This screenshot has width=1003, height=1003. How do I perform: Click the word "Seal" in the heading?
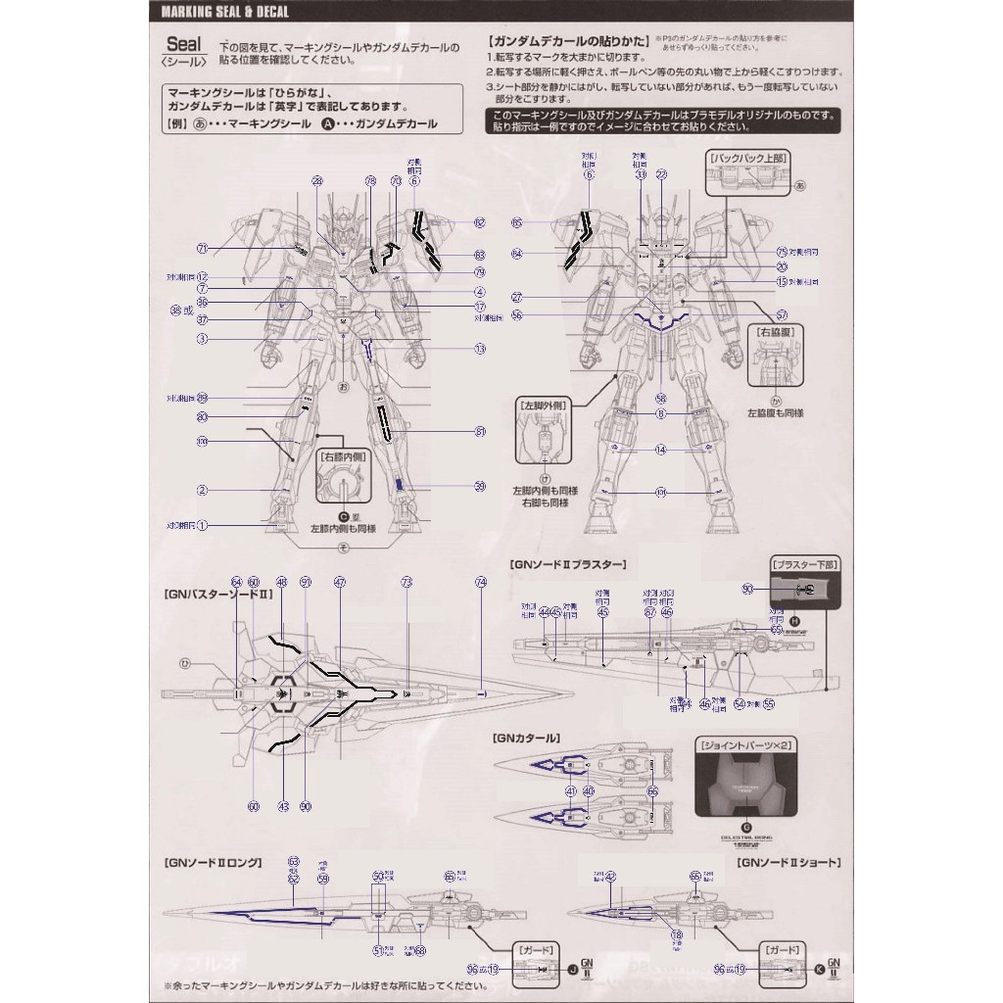[183, 44]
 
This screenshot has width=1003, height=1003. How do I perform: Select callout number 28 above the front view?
[316, 181]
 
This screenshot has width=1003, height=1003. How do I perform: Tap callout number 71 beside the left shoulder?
[203, 247]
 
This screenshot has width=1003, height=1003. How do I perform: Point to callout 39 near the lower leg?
[480, 487]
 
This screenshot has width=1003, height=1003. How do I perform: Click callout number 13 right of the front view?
[480, 349]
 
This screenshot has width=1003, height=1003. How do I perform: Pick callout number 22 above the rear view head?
[661, 175]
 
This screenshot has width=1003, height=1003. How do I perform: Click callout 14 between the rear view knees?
[661, 450]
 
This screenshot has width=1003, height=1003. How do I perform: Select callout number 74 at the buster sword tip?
[480, 582]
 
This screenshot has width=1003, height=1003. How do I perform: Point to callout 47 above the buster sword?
[339, 582]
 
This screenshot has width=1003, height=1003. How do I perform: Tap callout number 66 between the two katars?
[652, 790]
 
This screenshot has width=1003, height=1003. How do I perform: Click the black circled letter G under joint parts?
[747, 827]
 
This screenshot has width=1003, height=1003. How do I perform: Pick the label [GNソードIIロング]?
[214, 862]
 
